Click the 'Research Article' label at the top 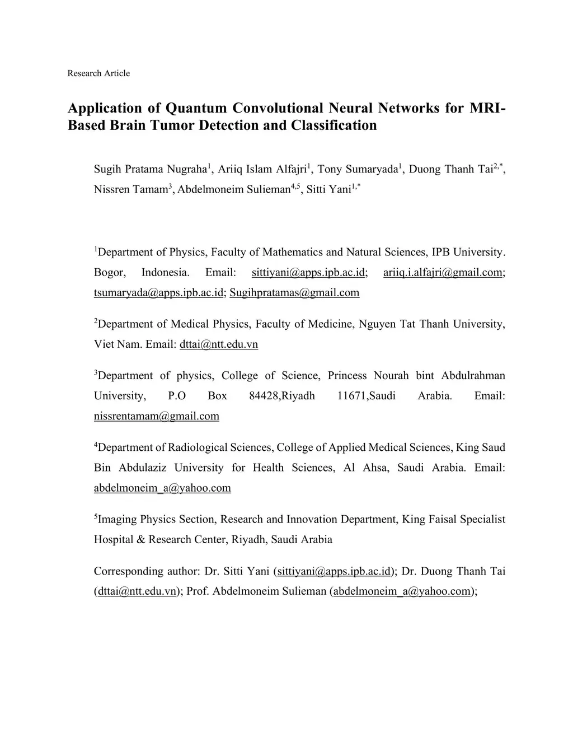[98, 73]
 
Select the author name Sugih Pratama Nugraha [151, 169]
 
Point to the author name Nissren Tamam [131, 189]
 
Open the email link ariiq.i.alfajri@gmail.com [443, 273]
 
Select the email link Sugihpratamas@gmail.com [294, 293]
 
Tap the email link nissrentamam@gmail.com [157, 416]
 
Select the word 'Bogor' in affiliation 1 [110, 273]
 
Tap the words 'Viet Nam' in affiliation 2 [116, 344]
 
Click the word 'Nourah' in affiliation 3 [387, 376]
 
